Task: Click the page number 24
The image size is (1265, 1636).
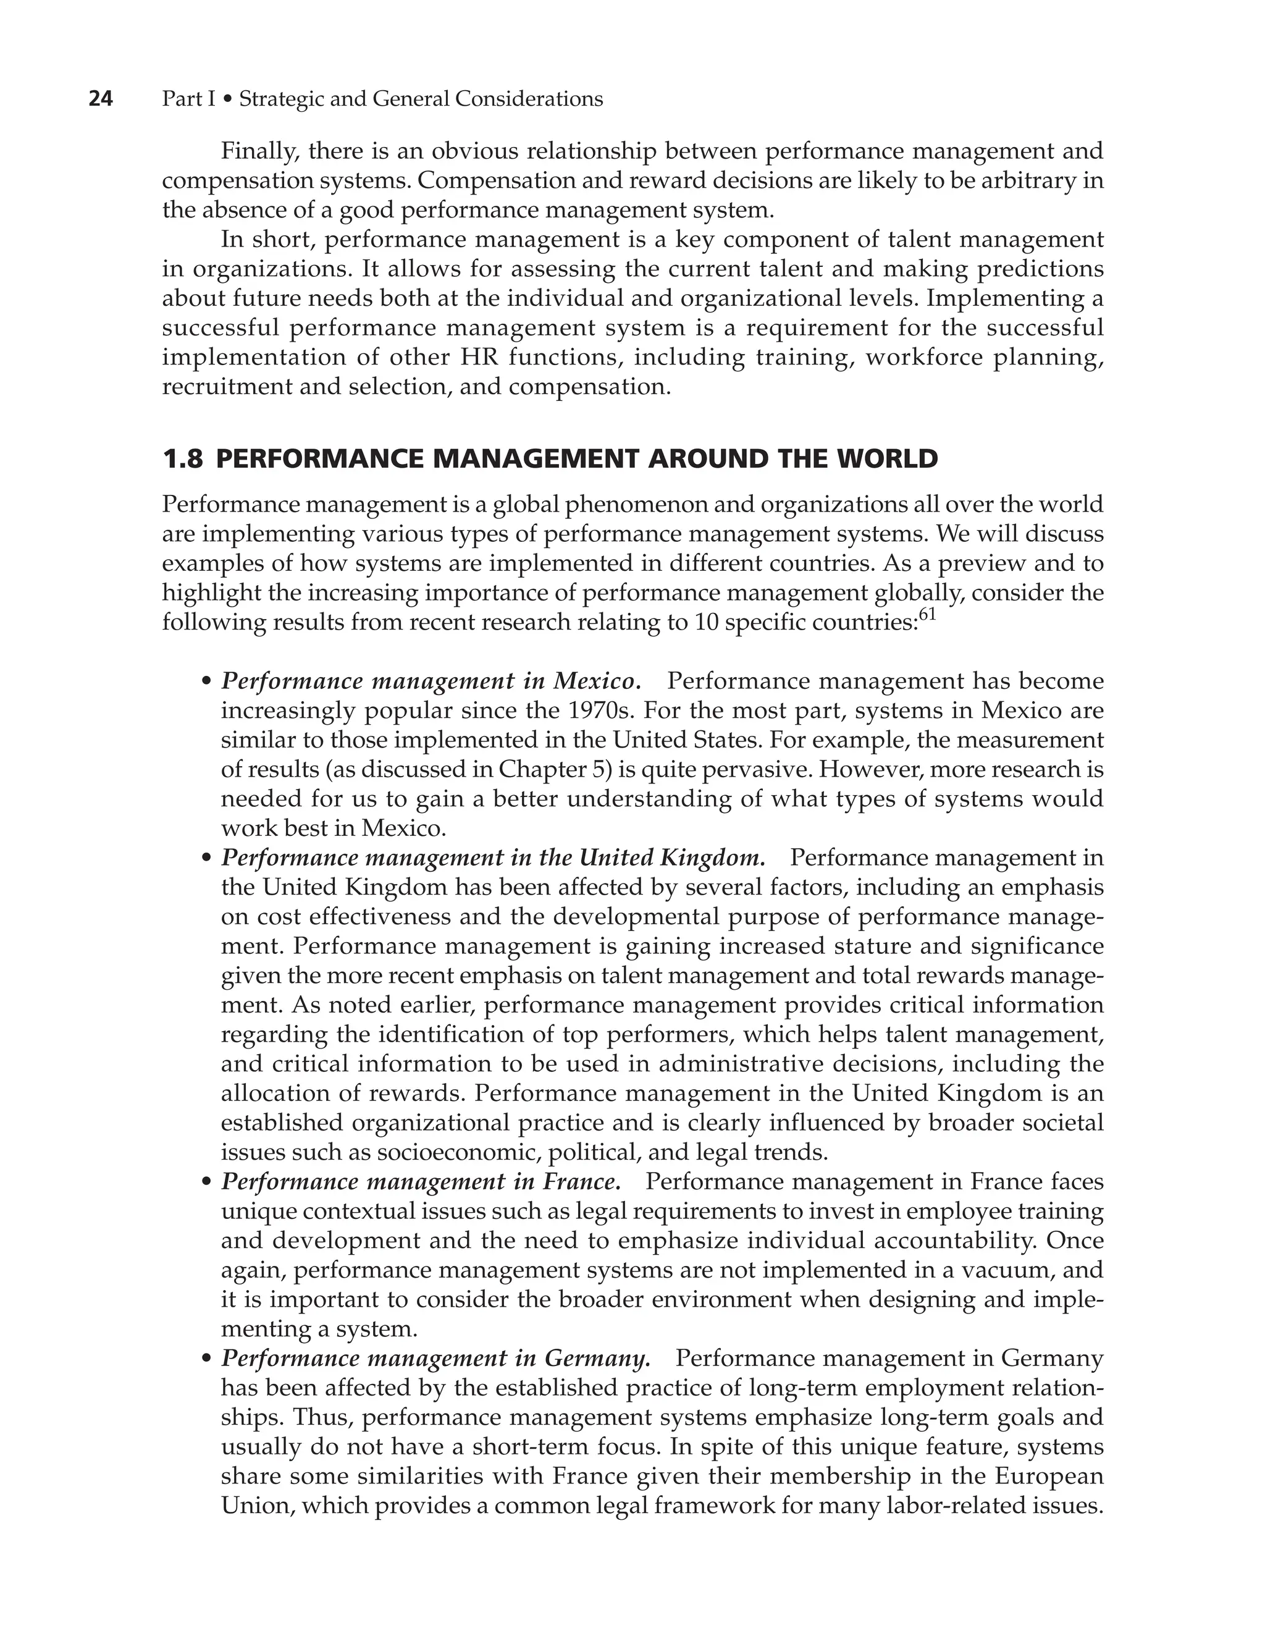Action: pos(100,99)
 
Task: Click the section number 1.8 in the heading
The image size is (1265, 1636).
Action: pos(182,458)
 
